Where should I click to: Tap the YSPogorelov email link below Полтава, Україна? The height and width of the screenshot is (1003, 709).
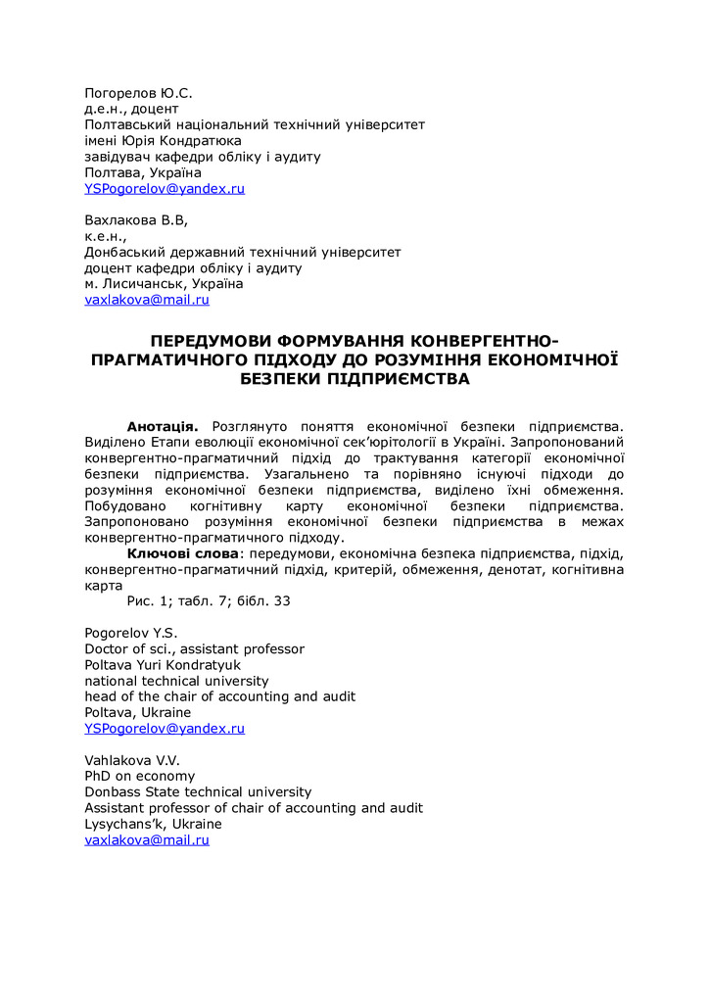coord(165,188)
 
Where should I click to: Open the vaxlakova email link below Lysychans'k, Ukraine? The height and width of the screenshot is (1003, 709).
coord(147,839)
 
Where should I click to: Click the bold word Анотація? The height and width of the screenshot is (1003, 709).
coord(163,427)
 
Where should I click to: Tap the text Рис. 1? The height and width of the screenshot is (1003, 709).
coord(148,600)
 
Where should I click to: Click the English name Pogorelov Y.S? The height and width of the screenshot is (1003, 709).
coord(131,633)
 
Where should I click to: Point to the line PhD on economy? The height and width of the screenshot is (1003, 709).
coord(140,776)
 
